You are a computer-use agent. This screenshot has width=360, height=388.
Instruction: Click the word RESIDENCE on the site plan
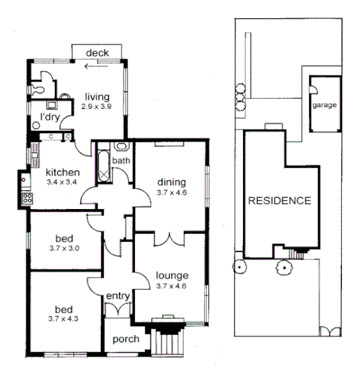(279, 201)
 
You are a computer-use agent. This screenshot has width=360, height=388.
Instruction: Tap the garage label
(324, 106)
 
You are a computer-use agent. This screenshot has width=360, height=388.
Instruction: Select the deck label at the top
(97, 53)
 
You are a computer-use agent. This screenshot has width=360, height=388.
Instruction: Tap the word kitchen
(63, 172)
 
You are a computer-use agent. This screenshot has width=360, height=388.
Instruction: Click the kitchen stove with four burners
(28, 197)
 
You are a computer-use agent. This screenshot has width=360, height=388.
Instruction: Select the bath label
(122, 161)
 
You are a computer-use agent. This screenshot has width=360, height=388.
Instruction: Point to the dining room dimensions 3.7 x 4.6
(170, 193)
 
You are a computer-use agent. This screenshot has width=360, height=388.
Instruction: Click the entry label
(118, 297)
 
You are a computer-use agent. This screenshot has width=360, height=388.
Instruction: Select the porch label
(125, 339)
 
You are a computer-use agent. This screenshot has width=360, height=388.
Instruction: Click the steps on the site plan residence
(302, 253)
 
